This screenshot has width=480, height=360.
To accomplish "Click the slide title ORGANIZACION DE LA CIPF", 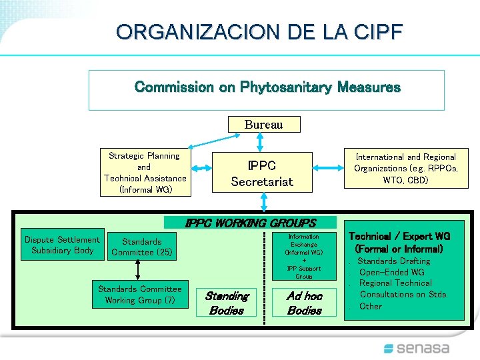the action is coord(259,31).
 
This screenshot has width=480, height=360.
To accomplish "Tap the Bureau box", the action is coord(263,125).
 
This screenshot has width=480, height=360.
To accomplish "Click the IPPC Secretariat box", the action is coord(262,173).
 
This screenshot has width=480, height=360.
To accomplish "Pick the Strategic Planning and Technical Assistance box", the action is coord(145,173).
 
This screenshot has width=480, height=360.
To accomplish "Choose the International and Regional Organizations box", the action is coord(405,169).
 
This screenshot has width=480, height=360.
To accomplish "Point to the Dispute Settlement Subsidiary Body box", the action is coord(62,245).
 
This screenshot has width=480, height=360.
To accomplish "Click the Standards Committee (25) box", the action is coord(141,247).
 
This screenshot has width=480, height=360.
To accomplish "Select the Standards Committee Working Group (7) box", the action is coord(139,294).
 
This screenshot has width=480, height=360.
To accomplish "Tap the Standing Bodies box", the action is coord(226,303).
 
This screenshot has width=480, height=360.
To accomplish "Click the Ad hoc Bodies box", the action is coord(304,303).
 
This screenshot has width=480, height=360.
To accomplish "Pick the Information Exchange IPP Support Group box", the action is coord(303,256).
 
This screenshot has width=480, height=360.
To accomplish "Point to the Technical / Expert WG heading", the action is coord(399,242).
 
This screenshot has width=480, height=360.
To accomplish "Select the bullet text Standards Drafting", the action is coord(395,261).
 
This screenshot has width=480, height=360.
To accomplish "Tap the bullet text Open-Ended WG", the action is coord(391,272).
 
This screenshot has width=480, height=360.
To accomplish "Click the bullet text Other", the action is coord(371,306).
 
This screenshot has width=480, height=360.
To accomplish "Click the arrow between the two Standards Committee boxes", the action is coord(138,270).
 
